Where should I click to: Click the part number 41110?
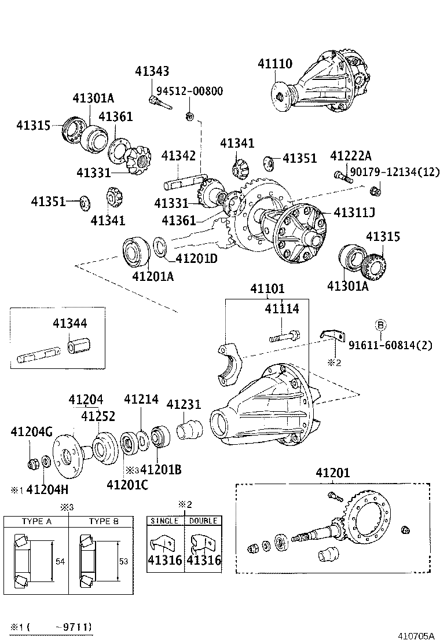(x=275, y=64)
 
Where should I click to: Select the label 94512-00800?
(x=192, y=92)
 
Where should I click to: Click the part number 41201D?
(x=196, y=258)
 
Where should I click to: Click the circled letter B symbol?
(x=380, y=324)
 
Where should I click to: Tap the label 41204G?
(x=32, y=431)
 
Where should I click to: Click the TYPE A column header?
(x=37, y=521)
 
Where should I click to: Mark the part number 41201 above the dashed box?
(x=333, y=473)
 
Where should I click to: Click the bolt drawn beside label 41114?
(x=283, y=335)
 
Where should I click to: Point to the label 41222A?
(x=351, y=156)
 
